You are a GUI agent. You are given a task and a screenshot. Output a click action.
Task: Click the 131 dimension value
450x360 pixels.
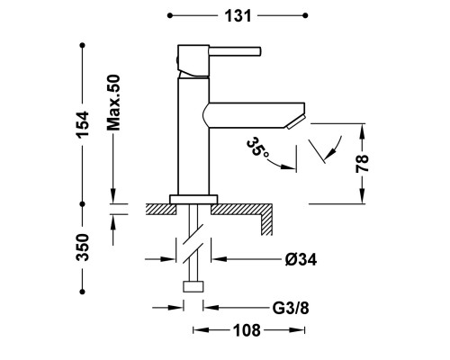[x=238, y=16]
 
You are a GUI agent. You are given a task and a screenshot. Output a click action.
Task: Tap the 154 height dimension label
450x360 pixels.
[x=83, y=125]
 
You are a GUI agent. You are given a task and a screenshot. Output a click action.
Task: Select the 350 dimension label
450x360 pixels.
[x=83, y=247]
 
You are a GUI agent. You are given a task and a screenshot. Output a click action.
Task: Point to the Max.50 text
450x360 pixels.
[x=113, y=103]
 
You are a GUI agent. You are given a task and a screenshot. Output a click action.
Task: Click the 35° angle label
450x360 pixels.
[x=257, y=148]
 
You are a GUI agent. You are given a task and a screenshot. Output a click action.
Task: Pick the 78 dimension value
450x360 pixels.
[x=362, y=164]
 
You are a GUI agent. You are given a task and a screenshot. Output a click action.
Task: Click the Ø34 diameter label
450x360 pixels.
[x=301, y=259]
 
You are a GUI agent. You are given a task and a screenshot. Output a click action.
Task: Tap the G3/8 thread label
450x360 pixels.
[x=291, y=308]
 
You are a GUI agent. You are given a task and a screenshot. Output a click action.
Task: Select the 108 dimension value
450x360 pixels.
[x=247, y=330]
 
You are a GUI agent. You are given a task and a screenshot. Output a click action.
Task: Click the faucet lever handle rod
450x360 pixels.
[x=235, y=51]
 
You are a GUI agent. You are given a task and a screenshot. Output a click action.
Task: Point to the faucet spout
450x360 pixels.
[x=254, y=115]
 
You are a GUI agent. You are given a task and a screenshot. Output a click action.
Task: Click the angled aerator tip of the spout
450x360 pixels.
[x=295, y=122]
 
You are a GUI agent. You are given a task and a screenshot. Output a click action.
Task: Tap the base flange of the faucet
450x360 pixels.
[x=193, y=200]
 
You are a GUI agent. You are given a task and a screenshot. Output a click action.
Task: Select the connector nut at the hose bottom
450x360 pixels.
[x=193, y=286]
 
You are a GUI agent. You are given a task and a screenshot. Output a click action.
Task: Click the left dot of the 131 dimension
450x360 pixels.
[x=170, y=15]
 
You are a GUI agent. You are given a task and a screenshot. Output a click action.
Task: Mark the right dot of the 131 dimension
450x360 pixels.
[x=305, y=15]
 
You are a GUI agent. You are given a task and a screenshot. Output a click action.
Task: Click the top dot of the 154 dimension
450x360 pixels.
[x=83, y=45]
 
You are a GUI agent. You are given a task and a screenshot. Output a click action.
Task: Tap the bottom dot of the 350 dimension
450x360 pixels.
[x=83, y=292]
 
